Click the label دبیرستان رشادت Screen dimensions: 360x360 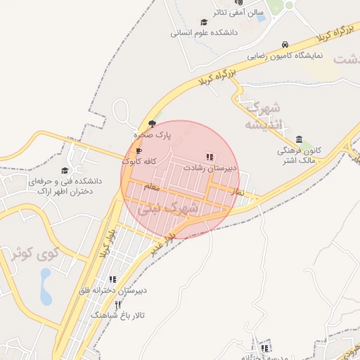209,169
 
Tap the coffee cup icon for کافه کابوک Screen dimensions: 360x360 139,150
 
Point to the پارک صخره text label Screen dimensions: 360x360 154,134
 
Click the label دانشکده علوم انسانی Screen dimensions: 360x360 205,32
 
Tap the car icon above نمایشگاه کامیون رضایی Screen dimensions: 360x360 284,44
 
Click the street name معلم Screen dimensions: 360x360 151,187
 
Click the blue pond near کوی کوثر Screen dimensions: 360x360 46,288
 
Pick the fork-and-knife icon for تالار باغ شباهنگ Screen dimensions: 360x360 117,304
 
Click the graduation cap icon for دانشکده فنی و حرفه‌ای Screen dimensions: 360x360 65,170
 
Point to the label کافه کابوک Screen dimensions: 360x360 139,161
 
